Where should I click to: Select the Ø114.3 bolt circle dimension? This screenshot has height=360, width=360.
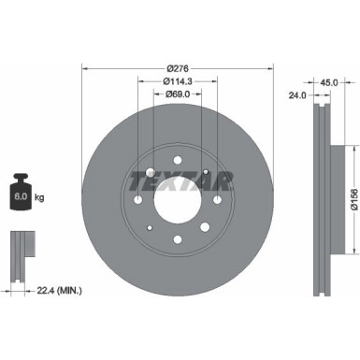(x=179, y=81)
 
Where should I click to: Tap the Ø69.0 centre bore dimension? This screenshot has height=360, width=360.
(x=179, y=95)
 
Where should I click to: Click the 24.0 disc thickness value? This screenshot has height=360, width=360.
(x=297, y=94)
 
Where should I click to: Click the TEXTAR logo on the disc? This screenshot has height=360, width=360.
(x=179, y=178)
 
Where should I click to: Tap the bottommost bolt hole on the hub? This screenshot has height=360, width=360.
(x=179, y=241)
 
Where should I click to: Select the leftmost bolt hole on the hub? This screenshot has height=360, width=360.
(x=137, y=199)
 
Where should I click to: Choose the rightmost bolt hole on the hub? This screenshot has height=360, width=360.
(x=218, y=199)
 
